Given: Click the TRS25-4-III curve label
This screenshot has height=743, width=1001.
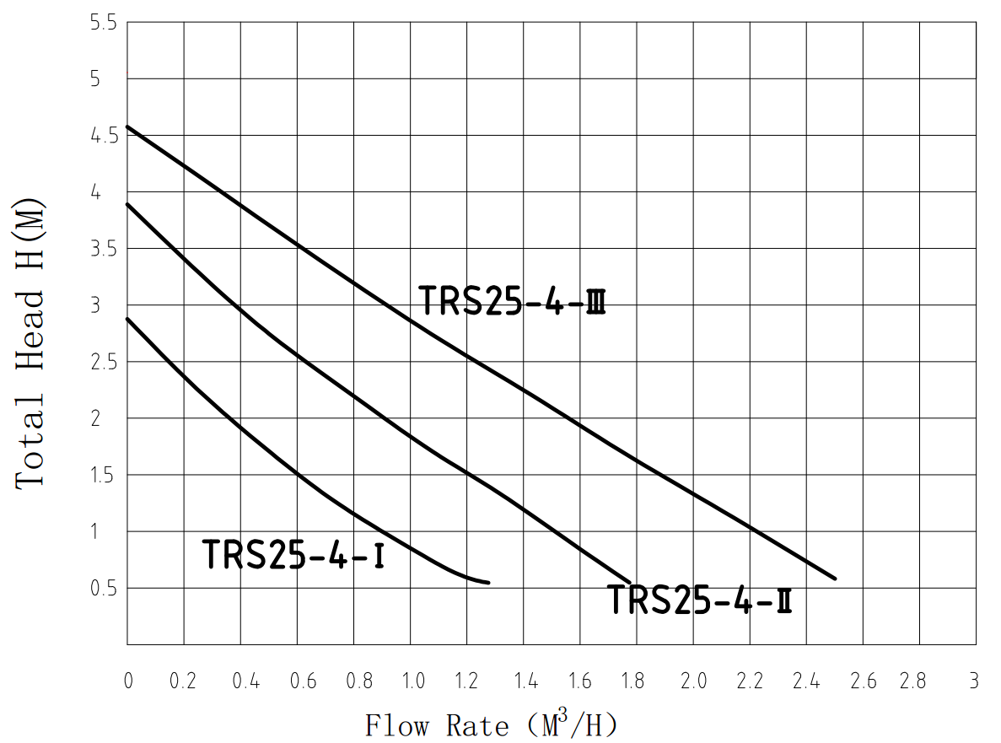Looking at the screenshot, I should [513, 301].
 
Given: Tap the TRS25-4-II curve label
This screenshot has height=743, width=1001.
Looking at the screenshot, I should [700, 600].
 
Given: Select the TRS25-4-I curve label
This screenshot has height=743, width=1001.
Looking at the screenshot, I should [293, 555].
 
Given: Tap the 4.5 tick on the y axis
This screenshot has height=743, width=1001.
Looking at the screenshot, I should [106, 136].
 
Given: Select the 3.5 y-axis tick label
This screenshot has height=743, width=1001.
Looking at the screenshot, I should [106, 249].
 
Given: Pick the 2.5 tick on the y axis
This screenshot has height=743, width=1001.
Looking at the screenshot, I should [106, 362].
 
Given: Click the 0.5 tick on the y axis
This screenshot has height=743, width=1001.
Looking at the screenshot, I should [106, 588].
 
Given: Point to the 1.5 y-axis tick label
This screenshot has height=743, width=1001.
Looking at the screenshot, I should [106, 475].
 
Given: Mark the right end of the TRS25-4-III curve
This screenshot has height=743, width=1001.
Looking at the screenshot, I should [835, 579].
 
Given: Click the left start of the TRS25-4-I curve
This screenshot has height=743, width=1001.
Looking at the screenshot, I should [127, 319].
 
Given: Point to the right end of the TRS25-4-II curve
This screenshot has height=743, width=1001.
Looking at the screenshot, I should [630, 581].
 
